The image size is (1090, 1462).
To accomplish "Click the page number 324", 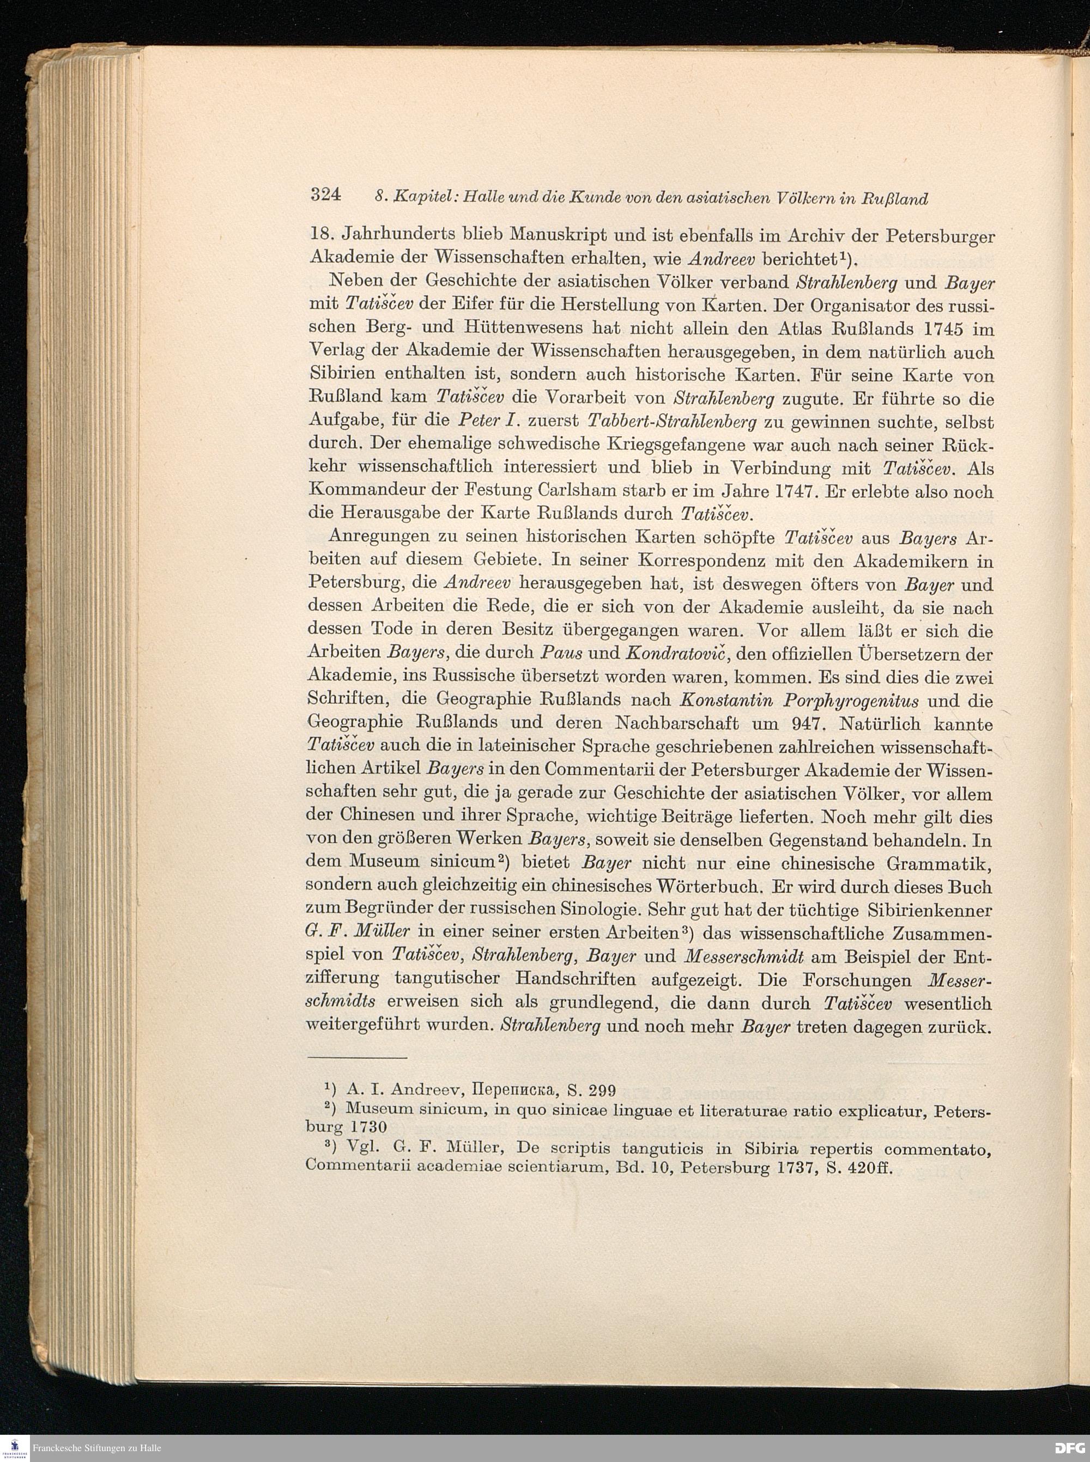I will (325, 194).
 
